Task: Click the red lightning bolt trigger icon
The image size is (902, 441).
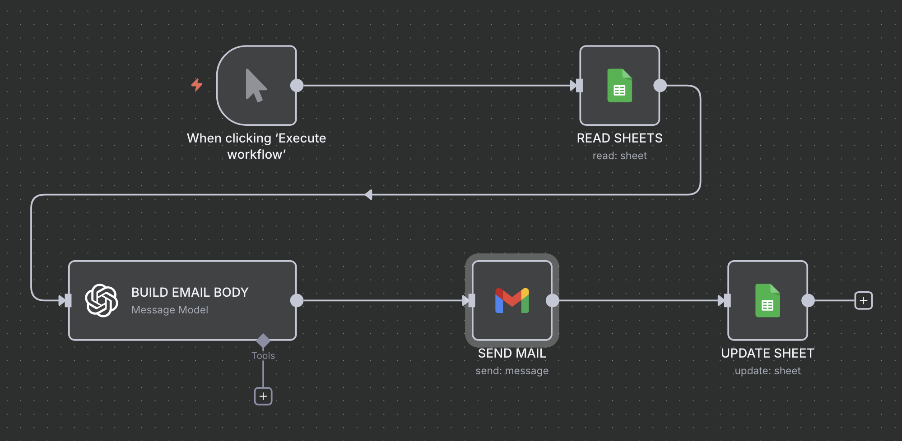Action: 197,85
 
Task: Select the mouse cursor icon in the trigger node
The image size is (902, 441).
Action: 256,85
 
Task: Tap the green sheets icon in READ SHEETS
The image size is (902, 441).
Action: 619,85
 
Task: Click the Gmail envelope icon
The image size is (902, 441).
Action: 512,300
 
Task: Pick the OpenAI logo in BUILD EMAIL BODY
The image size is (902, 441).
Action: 102,300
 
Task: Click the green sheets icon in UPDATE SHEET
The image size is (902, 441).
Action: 767,300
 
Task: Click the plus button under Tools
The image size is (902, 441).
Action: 263,396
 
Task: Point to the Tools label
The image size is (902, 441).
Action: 263,356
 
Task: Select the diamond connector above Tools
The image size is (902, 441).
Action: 263,340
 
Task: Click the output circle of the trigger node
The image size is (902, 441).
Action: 297,85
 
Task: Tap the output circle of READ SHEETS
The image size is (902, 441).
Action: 660,85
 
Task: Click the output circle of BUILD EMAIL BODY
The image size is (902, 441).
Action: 297,300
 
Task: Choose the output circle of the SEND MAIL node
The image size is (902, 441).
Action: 552,300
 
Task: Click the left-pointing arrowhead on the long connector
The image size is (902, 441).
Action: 369,195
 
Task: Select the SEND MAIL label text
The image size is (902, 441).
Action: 512,353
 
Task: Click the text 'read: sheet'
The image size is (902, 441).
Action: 619,156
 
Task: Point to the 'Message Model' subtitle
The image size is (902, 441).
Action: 170,310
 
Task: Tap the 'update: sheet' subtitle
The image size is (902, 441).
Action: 767,371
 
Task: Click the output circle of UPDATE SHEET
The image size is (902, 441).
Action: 808,300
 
